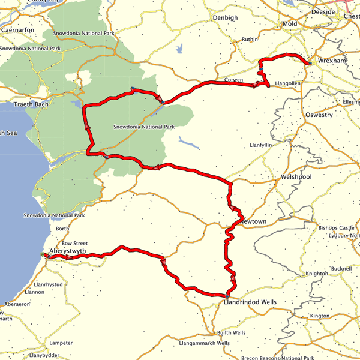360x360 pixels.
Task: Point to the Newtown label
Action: pyautogui.click(x=253, y=221)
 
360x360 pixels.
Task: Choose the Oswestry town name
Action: pyautogui.click(x=319, y=115)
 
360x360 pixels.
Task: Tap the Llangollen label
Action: pyautogui.click(x=287, y=83)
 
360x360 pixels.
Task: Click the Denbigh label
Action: pyautogui.click(x=225, y=18)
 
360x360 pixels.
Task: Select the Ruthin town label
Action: pyautogui.click(x=249, y=40)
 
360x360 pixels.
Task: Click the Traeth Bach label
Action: pyautogui.click(x=31, y=104)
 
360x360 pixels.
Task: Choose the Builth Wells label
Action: pyautogui.click(x=231, y=332)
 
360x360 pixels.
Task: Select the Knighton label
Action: pyautogui.click(x=317, y=274)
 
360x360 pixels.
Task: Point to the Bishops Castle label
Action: pyautogui.click(x=337, y=228)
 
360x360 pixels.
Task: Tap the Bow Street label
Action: pyautogui.click(x=75, y=243)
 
